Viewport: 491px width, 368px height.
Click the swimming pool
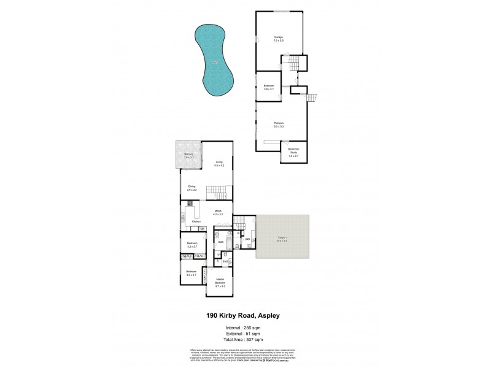point(215,61)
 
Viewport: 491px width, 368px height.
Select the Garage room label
point(278,39)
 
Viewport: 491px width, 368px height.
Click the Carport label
point(282,239)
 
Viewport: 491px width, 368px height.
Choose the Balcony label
point(189,156)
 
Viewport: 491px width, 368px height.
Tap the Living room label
point(219,164)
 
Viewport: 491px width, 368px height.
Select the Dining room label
point(192,190)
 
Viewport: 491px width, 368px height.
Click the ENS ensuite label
point(225,261)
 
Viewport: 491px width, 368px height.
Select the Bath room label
point(220,242)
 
